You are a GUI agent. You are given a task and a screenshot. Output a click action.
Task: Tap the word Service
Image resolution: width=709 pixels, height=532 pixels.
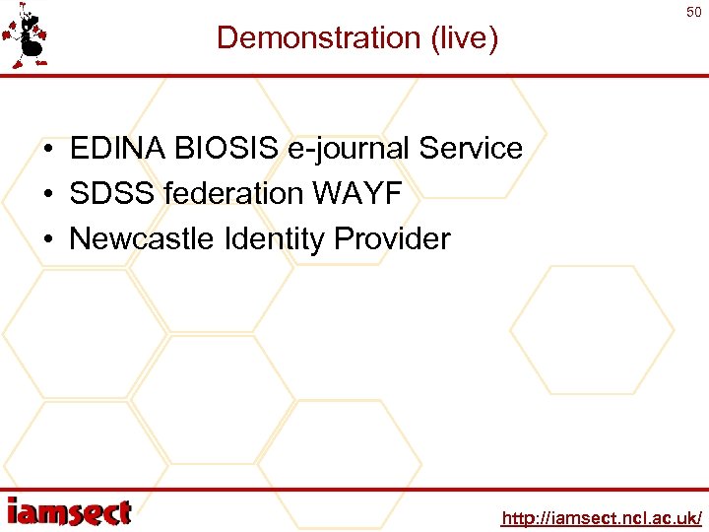tap(471, 149)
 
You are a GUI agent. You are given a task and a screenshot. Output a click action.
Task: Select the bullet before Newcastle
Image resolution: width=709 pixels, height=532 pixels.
tap(47, 239)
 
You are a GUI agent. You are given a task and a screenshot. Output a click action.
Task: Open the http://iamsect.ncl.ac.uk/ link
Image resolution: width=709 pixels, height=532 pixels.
tap(601, 518)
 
